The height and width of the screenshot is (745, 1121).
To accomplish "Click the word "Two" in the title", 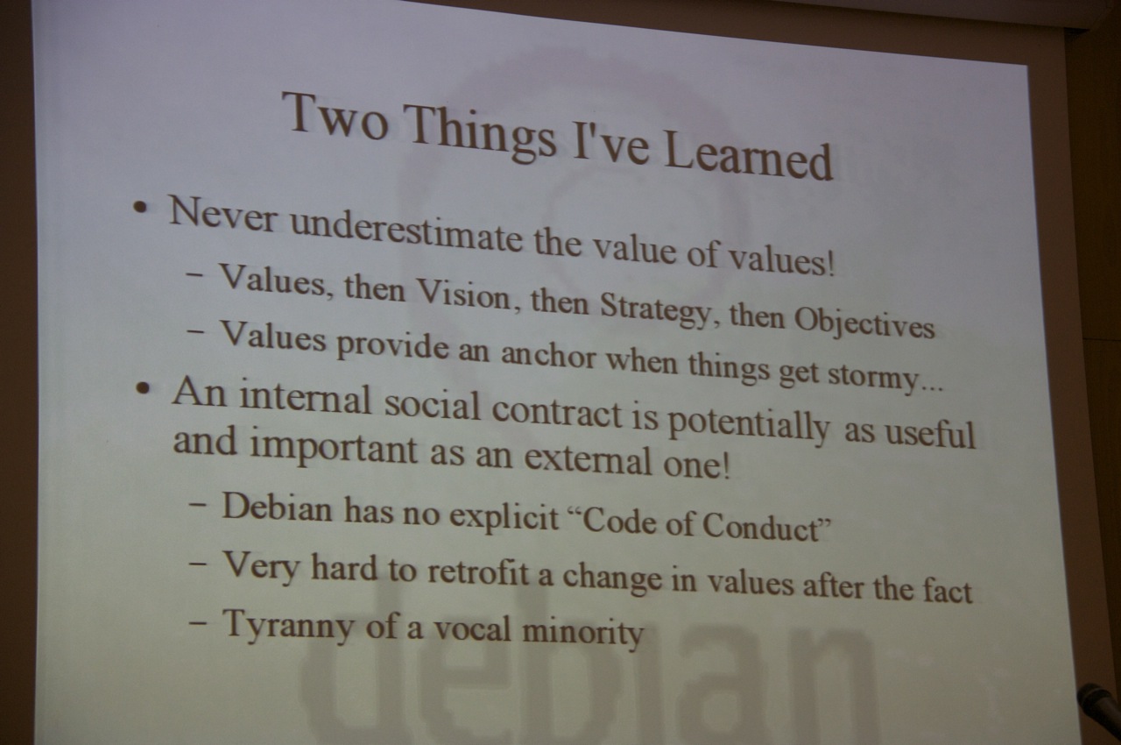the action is pyautogui.click(x=335, y=116).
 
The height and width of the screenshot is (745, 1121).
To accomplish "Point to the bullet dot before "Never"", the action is pyautogui.click(x=141, y=207).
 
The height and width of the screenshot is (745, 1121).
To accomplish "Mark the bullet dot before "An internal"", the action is pyautogui.click(x=144, y=388).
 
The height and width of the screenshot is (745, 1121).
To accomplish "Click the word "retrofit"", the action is pyautogui.click(x=478, y=572).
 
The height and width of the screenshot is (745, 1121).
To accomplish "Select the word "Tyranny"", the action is pyautogui.click(x=288, y=624).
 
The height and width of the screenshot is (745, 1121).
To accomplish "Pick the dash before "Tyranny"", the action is pyautogui.click(x=198, y=623).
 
